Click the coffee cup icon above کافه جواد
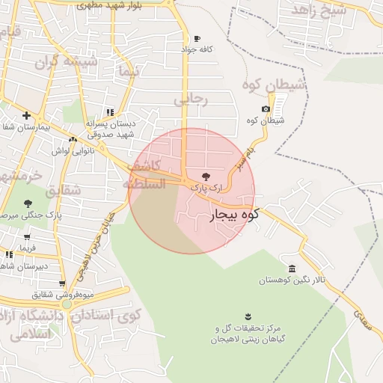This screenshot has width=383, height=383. pyautogui.click(x=197, y=38)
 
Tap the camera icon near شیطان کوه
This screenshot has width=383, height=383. pyautogui.click(x=266, y=109)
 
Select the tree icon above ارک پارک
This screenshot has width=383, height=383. pyautogui.click(x=206, y=176)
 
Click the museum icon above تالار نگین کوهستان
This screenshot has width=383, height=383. pyautogui.click(x=292, y=269)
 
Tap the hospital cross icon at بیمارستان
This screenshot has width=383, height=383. pyautogui.click(x=26, y=115)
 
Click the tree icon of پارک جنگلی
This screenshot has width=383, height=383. pyautogui.click(x=28, y=203)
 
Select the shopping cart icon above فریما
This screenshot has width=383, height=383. pyautogui.click(x=27, y=237)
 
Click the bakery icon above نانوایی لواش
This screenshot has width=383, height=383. pyautogui.click(x=73, y=139)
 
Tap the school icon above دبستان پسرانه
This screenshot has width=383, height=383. pyautogui.click(x=110, y=111)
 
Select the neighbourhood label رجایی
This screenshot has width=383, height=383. pyautogui.click(x=190, y=99)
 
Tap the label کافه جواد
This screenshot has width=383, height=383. pyautogui.click(x=197, y=49)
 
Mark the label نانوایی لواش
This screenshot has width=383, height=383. pyautogui.click(x=71, y=150)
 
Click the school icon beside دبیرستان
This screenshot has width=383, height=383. pyautogui.click(x=8, y=256)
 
